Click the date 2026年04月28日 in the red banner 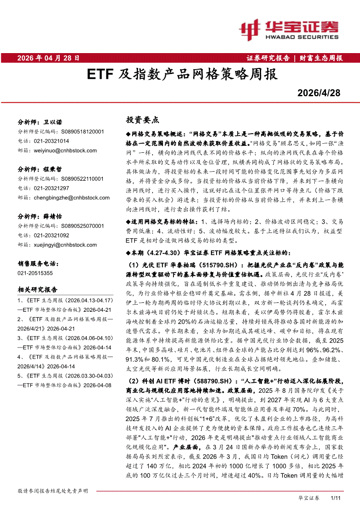(x=48, y=57)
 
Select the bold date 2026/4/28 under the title (x=319, y=93)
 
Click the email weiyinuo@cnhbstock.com (x=65, y=151)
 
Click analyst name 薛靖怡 (x=53, y=216)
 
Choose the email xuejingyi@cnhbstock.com (x=65, y=245)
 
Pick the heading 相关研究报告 (x=37, y=290)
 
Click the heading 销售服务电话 (x=37, y=263)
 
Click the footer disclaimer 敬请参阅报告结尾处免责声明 (x=53, y=491)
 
